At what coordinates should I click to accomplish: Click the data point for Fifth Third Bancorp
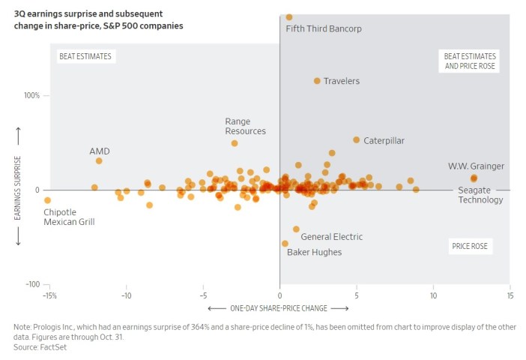[289, 16]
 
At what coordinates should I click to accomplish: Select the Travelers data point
[317, 81]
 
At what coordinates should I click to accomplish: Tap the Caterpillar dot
[357, 140]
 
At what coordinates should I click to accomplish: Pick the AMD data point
[99, 160]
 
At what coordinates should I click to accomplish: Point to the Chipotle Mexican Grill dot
[48, 200]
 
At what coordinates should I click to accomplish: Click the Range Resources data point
[235, 143]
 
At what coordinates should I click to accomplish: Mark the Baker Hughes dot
[285, 244]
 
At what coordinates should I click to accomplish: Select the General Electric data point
[296, 229]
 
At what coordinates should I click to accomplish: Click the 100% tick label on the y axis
[32, 96]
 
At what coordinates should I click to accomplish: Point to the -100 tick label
[31, 285]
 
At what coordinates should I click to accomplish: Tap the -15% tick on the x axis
[49, 295]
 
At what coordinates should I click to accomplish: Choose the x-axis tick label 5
[356, 295]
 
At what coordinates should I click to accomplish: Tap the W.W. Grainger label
[476, 166]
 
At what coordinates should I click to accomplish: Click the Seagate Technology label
[480, 195]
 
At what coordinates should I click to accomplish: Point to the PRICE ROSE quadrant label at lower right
[470, 246]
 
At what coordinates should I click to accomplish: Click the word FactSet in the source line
[55, 347]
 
